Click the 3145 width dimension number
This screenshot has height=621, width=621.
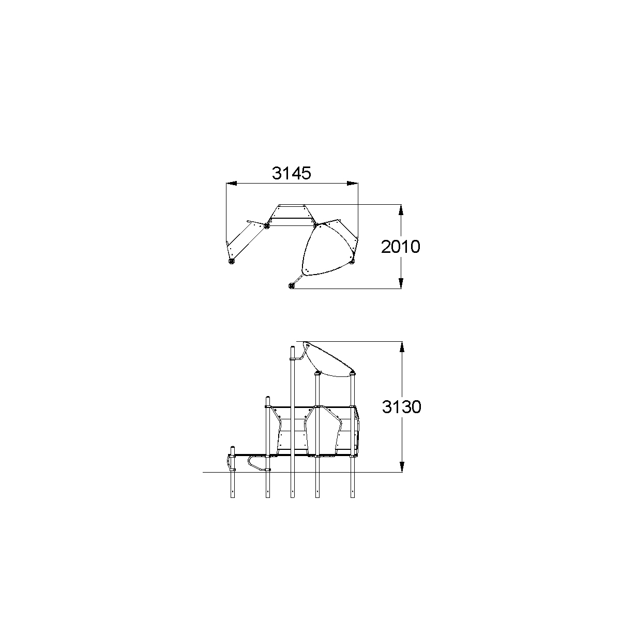[291, 173]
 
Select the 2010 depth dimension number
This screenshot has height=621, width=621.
[401, 247]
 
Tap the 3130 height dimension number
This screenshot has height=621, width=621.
[402, 407]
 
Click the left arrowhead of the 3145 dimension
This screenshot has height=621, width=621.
[231, 184]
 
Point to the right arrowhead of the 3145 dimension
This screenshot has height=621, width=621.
[352, 184]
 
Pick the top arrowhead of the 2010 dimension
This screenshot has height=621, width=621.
[401, 210]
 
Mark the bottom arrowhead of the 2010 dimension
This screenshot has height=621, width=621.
[401, 283]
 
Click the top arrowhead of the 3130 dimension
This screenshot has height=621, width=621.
[402, 347]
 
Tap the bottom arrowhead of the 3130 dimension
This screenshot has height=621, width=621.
[402, 466]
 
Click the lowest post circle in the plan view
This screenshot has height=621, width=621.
[291, 285]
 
